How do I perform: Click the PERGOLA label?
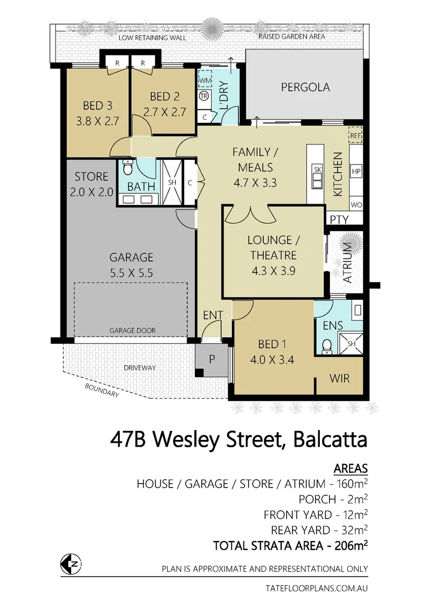(305, 88)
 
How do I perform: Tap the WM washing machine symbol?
(204, 81)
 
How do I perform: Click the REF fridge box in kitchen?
(356, 136)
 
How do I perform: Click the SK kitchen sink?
(317, 175)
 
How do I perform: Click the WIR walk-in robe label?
(339, 378)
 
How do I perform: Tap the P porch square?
(212, 360)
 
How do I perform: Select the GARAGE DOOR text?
(133, 330)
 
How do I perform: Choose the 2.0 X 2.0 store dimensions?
(91, 191)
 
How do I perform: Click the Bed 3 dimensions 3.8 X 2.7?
(98, 120)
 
